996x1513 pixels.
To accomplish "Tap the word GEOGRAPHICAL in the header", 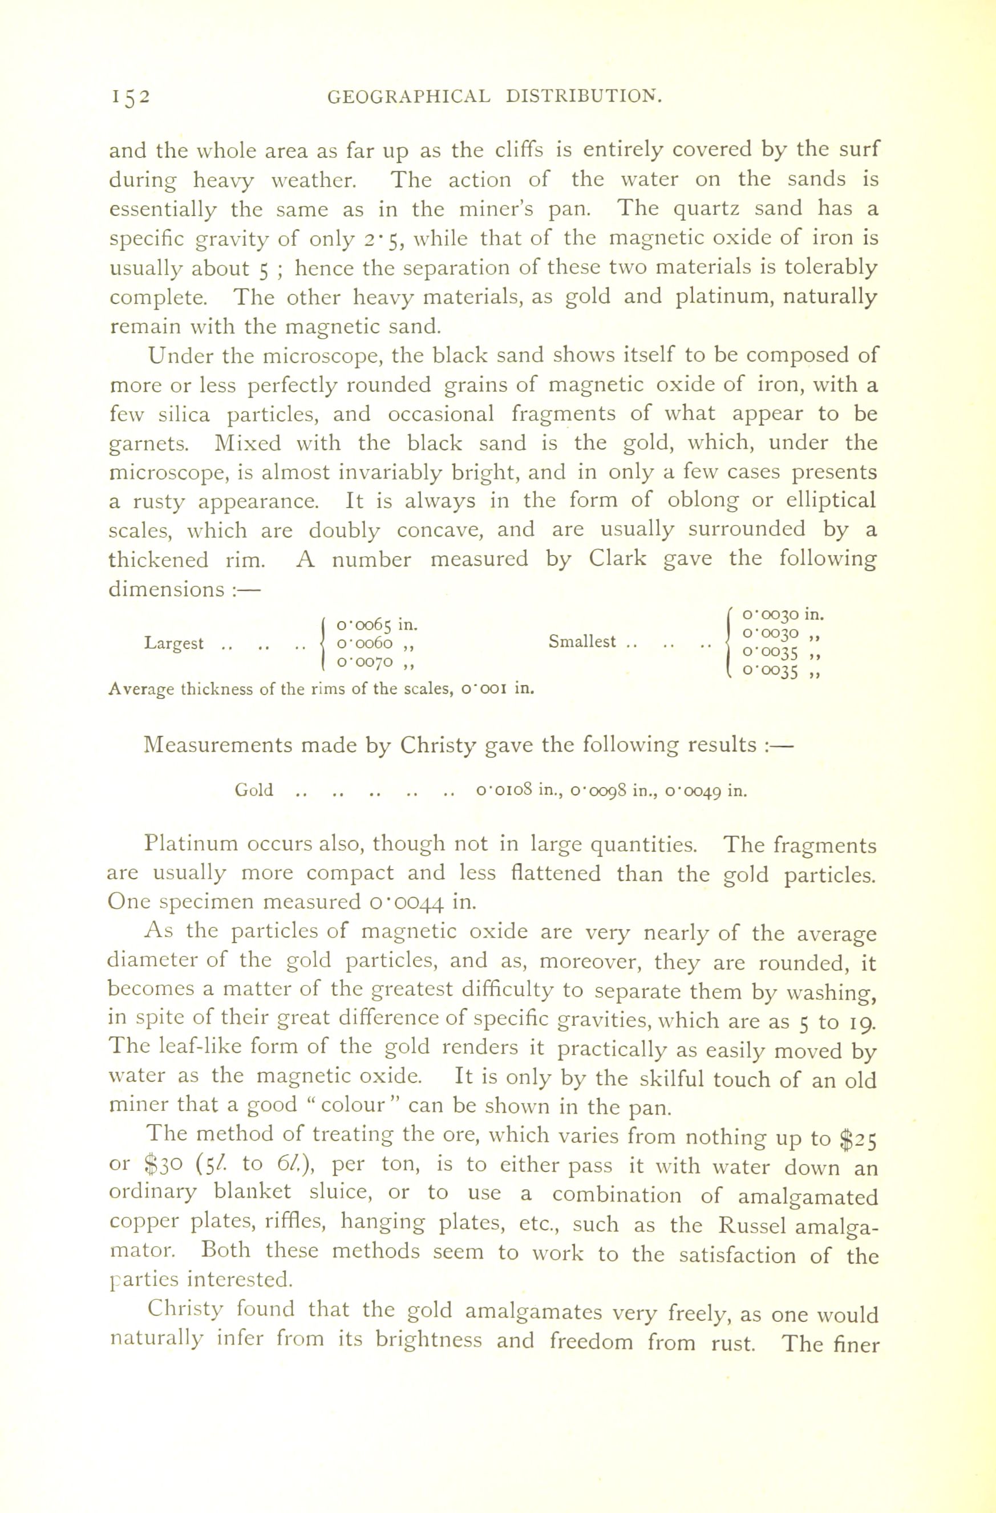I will coord(409,96).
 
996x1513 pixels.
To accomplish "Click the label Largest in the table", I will coord(173,643).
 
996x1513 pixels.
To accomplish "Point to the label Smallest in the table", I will coord(582,642).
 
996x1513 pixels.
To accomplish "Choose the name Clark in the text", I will coord(617,559).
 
